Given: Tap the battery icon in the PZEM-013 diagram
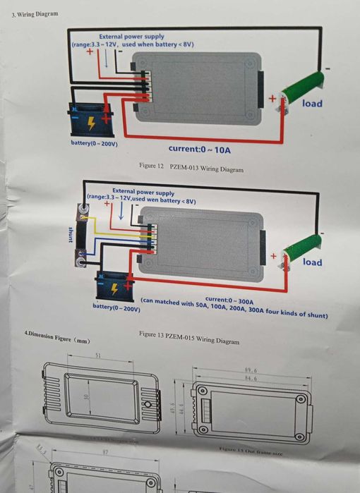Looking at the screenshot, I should pos(90,121).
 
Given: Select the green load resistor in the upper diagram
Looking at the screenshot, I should pos(302,89).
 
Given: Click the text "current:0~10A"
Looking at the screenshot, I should pos(200,150).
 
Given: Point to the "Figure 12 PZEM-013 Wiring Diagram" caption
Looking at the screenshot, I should pos(191,168).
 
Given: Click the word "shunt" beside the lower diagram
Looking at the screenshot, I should pos(70,235).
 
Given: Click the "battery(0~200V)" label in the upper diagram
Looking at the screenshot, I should pos(94,143).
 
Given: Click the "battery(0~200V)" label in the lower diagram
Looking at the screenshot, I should pos(116,308).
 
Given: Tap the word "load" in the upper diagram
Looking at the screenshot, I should pos(312,104).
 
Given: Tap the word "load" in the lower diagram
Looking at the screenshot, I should pos(312,262).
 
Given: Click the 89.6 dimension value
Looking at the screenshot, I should pos(250,369).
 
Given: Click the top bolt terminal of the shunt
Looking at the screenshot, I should pos(83,209).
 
